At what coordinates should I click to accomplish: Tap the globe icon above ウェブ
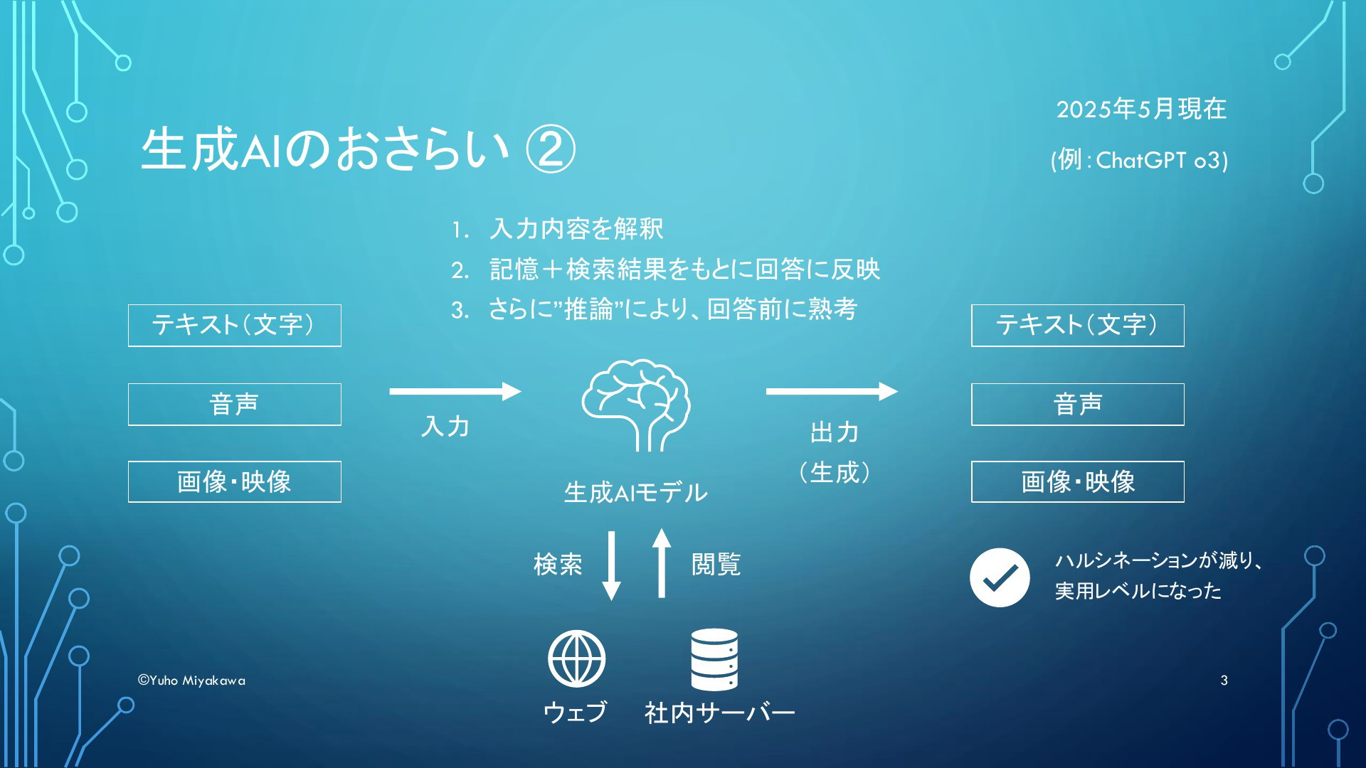(x=576, y=659)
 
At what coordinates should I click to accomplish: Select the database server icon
(x=714, y=659)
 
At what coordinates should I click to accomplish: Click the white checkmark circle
(x=1000, y=577)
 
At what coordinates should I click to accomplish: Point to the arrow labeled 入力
(x=455, y=391)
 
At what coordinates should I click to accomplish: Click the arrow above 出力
(x=832, y=391)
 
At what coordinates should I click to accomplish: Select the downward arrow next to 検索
(x=611, y=565)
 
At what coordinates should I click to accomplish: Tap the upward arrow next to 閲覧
(x=662, y=563)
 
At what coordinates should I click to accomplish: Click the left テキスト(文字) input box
(x=235, y=326)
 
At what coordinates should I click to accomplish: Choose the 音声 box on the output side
(x=1078, y=405)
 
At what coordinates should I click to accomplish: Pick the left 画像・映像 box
(x=235, y=481)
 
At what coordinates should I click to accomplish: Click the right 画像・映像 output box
(x=1078, y=481)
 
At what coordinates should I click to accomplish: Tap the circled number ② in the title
(x=550, y=150)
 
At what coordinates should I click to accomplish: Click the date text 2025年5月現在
(x=1141, y=109)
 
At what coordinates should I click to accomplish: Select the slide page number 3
(x=1224, y=681)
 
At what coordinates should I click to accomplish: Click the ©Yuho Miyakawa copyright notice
(x=191, y=681)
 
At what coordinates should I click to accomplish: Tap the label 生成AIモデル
(x=635, y=492)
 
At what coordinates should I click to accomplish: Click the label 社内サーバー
(x=719, y=713)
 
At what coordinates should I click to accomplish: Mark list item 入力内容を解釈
(x=576, y=229)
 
